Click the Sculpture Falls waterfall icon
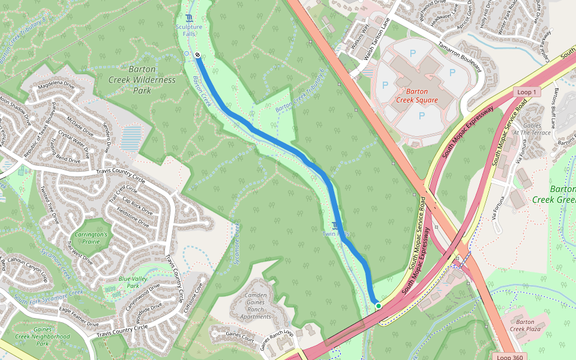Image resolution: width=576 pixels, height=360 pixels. [x=190, y=17]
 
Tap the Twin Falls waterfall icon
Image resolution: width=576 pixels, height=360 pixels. [x=335, y=225]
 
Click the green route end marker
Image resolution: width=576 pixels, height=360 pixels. [x=379, y=306]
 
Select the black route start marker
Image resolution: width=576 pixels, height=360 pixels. [x=197, y=55]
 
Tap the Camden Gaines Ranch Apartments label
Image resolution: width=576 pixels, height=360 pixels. [x=256, y=306]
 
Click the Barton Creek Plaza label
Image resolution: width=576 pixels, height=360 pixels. [x=525, y=325]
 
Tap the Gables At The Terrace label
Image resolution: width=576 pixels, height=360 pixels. [x=532, y=128]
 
